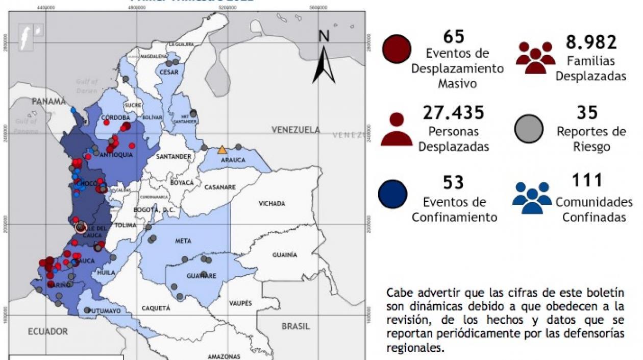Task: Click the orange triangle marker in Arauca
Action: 222,150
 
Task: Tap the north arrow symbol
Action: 324,64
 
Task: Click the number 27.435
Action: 453,113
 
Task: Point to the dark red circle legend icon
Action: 396,50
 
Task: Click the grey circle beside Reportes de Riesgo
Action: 529,129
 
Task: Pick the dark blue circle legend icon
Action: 392,195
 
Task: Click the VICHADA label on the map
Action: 271,204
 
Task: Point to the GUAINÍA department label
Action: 284,255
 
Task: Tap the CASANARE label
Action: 220,187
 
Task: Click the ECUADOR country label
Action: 48,331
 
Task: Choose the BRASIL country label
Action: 295,326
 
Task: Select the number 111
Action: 587,180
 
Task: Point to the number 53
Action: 453,182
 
